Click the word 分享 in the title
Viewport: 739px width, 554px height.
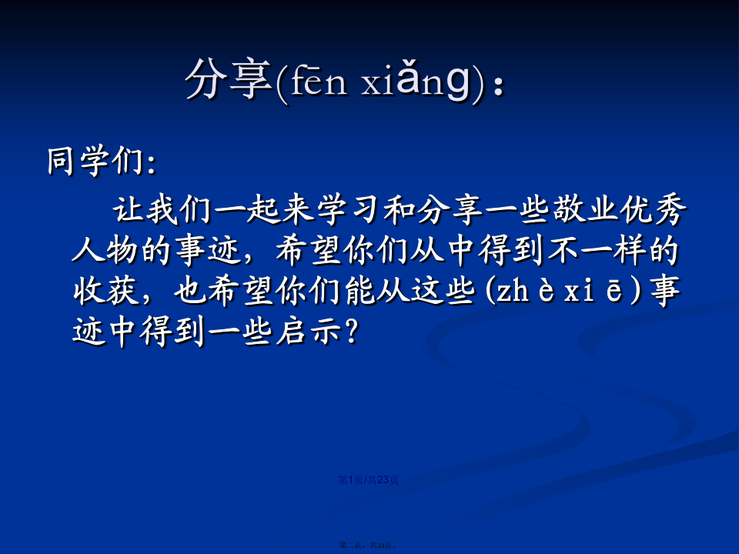(229, 78)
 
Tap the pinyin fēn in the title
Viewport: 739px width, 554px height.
(319, 81)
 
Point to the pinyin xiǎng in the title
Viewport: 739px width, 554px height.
(416, 80)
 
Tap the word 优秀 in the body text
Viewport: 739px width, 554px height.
(653, 209)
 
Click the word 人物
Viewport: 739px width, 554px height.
(105, 249)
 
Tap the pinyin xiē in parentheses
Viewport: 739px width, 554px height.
(594, 291)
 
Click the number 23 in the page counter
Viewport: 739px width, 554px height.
(383, 480)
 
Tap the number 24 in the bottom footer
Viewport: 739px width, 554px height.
(381, 545)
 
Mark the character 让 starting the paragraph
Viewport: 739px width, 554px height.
(128, 209)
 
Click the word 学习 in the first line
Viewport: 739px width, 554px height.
(349, 209)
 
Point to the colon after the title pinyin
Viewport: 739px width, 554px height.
(498, 86)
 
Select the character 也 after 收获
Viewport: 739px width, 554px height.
(189, 290)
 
